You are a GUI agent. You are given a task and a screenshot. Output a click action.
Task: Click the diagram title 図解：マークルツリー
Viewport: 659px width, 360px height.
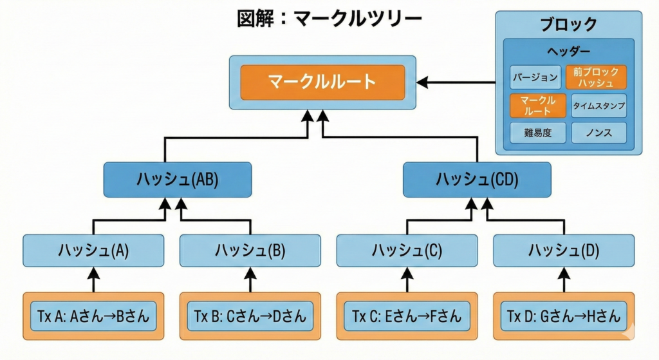329,18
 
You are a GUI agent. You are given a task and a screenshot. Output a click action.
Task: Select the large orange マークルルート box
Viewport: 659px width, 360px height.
322,82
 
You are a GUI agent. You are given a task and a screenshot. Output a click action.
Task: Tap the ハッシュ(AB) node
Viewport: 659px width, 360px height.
178,180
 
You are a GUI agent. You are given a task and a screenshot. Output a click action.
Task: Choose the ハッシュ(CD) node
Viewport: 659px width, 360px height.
477,180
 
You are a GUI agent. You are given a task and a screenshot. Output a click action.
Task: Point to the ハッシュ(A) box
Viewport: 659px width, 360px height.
93,251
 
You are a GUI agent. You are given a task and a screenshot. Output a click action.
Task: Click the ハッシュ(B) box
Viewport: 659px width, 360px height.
250,251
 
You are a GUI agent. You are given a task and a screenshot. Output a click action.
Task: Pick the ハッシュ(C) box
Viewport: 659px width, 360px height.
407,251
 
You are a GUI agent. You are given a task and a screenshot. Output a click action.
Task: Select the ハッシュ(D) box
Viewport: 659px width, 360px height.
564,251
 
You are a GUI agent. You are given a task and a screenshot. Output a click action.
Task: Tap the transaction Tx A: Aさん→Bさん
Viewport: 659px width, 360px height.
93,316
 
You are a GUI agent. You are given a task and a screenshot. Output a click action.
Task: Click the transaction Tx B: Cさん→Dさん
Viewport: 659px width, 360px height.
250,316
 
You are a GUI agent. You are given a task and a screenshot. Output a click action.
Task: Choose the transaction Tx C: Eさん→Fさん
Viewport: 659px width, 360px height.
407,316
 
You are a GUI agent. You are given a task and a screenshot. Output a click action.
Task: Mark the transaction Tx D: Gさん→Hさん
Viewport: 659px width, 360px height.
564,316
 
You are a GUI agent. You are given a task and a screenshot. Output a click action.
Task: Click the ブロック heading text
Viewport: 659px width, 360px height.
568,25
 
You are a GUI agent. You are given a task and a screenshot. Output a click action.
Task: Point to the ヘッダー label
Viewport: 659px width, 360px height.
568,51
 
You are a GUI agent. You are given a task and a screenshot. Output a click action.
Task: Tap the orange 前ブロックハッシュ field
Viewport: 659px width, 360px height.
596,77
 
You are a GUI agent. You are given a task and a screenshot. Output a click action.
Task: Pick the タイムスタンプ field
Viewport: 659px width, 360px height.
599,106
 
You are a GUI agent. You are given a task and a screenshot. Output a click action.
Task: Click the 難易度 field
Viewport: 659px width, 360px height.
537,133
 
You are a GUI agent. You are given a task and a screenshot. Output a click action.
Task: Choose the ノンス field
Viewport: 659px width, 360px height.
599,133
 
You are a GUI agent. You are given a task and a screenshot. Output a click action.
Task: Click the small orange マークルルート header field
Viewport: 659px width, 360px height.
537,106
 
